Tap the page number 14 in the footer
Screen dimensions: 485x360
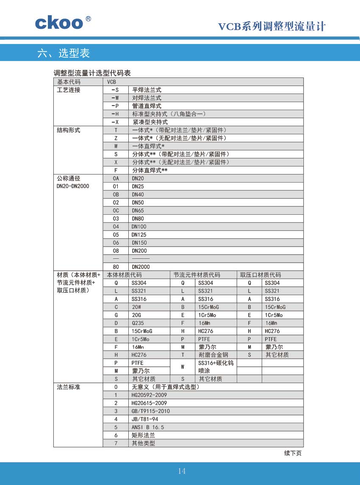coord(182,471)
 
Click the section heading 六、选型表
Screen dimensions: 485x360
coord(64,53)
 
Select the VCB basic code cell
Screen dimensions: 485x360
coord(112,82)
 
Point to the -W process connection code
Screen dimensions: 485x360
coord(115,98)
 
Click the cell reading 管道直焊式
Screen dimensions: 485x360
coord(147,106)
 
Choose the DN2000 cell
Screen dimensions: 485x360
coord(141,267)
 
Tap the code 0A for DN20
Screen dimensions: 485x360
coord(116,178)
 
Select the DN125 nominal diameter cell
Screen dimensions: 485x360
coord(139,235)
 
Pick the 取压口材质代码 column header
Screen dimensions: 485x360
coord(260,275)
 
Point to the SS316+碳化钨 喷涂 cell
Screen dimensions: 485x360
coord(216,367)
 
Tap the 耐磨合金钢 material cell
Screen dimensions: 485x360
coord(213,355)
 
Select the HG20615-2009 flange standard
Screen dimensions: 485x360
coord(149,403)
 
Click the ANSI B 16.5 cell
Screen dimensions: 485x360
coord(147,427)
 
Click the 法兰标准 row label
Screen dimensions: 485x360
coord(69,387)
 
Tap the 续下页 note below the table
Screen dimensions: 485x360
coord(293,453)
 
